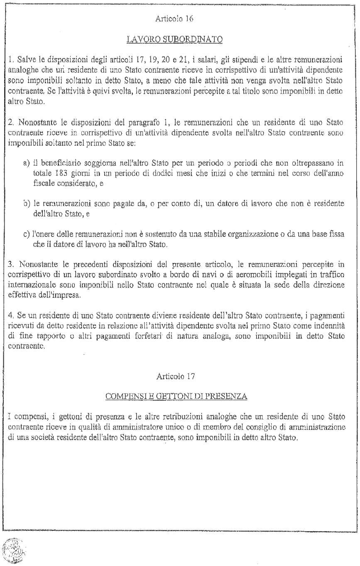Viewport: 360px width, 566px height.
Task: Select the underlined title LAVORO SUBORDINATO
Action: pos(175,39)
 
